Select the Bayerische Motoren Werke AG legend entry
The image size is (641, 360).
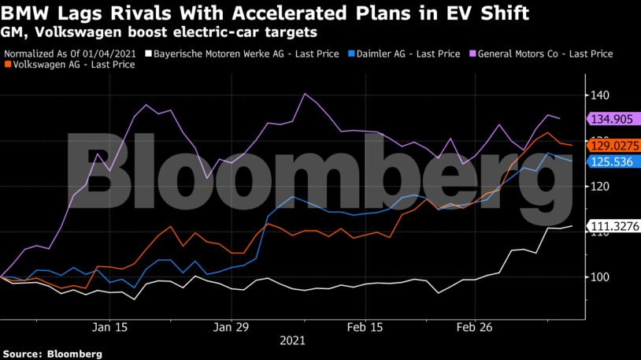click(x=246, y=54)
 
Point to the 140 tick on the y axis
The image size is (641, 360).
click(x=599, y=95)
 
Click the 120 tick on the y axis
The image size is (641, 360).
click(x=599, y=186)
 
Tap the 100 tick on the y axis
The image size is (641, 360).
click(x=599, y=277)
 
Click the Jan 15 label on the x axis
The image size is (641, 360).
click(x=110, y=326)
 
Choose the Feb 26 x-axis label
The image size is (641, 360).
click(x=476, y=326)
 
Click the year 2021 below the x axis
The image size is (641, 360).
click(x=291, y=341)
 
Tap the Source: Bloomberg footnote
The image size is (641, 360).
click(x=52, y=354)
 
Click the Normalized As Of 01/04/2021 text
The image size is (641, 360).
click(x=75, y=54)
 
